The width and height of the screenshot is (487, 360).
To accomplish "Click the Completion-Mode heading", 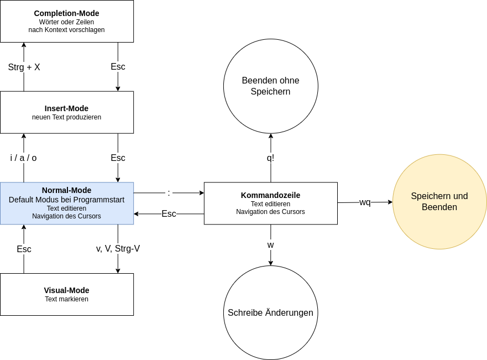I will tap(67, 13).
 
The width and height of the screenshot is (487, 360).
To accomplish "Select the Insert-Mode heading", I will tap(67, 108).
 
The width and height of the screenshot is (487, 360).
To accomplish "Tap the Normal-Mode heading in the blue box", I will tap(67, 190).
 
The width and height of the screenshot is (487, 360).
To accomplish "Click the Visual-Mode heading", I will tap(67, 290).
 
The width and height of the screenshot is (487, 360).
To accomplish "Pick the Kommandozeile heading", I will tap(270, 195).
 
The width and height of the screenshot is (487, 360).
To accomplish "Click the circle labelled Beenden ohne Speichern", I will tap(270, 86).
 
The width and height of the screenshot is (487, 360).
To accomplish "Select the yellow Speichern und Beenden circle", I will tap(439, 201).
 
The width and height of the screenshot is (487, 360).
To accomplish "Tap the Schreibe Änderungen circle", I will tap(270, 312).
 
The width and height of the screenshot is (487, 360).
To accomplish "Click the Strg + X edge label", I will tap(24, 67).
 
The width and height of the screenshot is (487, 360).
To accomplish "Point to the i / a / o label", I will tap(23, 158).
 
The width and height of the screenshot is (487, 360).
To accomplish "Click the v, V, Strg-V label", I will tap(118, 249).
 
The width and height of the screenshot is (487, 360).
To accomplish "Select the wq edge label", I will tap(365, 202).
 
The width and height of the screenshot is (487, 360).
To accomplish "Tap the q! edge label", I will tap(270, 158).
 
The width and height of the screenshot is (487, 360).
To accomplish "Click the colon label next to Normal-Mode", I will tap(169, 192).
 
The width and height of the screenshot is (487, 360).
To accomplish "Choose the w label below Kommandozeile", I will tap(270, 244).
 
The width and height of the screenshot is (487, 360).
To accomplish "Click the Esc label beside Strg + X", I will tap(118, 66).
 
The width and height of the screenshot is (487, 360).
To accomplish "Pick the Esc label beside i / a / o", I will tap(118, 158).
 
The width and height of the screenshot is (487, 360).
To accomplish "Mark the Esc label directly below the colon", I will tap(169, 213).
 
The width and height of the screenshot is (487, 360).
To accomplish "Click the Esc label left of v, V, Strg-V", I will tap(24, 249).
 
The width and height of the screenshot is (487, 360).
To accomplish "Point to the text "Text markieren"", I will tap(67, 299).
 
